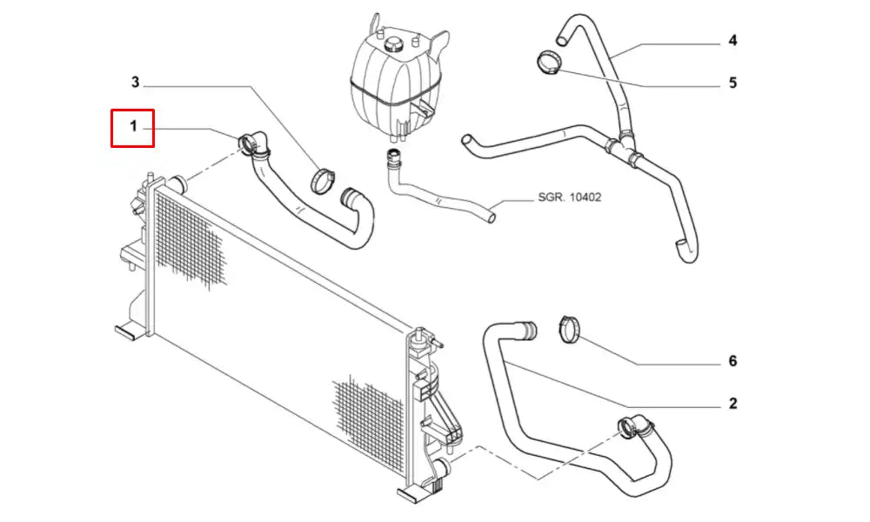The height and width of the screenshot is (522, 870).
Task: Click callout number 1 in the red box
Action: pos(133,128)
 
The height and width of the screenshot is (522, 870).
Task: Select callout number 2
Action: pos(733,403)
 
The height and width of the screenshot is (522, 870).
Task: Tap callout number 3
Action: pos(135,83)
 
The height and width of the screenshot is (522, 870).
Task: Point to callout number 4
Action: pos(733,41)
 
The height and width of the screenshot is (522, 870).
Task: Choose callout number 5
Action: pos(733,83)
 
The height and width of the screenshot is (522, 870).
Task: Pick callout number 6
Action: pos(733,361)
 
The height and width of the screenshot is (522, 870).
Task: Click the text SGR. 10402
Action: pos(568,197)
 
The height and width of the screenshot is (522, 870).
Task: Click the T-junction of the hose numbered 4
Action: pos(625,150)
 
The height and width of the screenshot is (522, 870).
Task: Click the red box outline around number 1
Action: pos(112,128)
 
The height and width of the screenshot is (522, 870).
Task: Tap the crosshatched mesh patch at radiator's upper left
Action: pos(187,239)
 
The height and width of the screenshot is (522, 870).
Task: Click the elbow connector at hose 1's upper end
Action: pos(251,143)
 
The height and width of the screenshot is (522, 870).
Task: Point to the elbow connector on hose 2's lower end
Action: pos(632,426)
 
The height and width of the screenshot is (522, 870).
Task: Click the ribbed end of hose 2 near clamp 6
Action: pos(525,331)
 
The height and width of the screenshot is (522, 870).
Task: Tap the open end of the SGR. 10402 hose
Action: pos(492,211)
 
